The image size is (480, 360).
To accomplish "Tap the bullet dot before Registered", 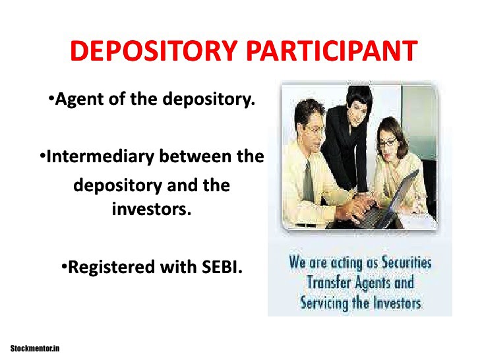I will [65, 268].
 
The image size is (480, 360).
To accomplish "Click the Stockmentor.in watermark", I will [35, 347].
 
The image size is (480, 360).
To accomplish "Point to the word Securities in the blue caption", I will [404, 262].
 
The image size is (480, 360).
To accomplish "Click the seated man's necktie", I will [309, 178].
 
